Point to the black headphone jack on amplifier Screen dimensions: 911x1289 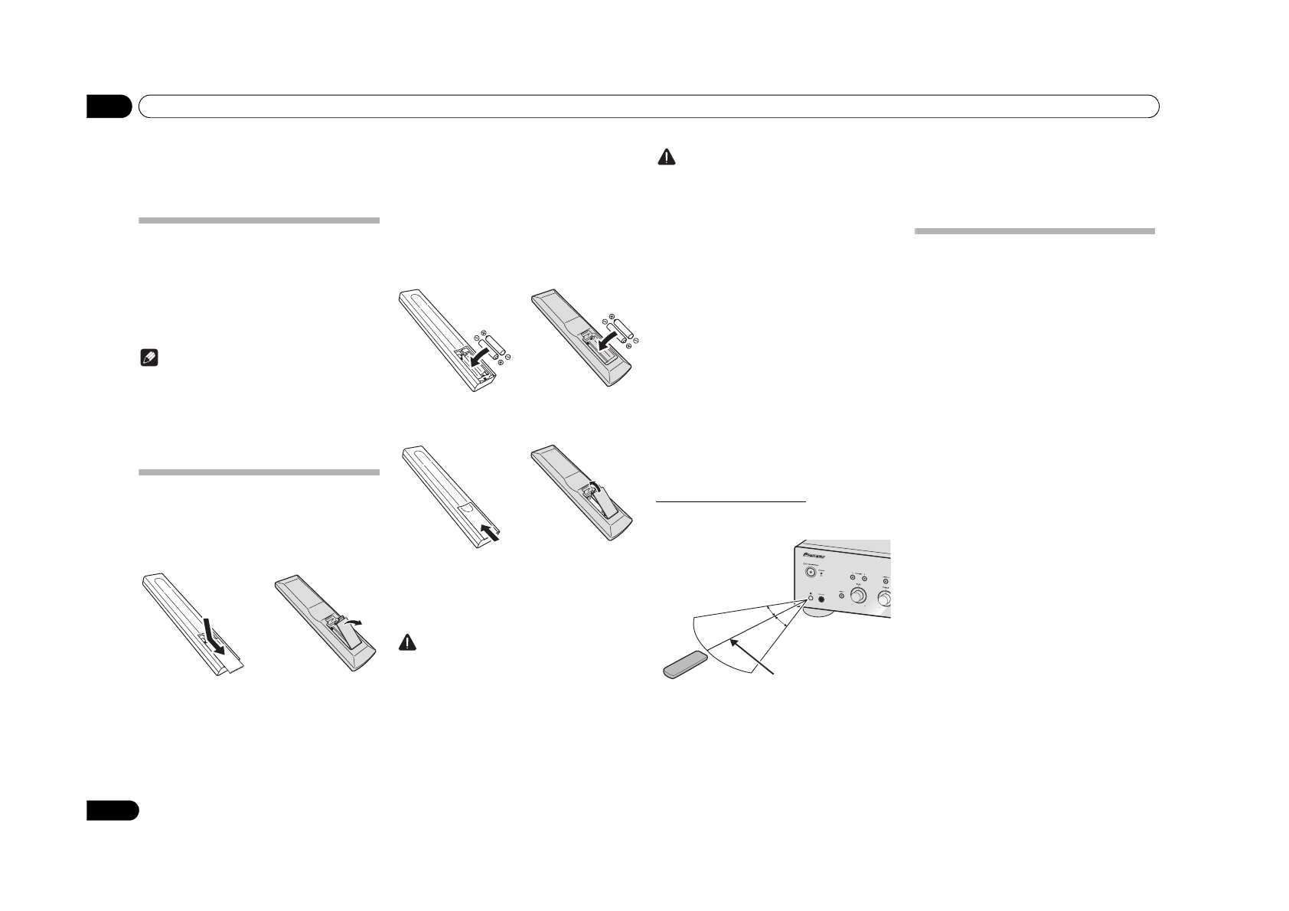(824, 601)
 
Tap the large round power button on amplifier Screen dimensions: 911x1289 (808, 570)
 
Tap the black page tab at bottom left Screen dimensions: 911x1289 (112, 810)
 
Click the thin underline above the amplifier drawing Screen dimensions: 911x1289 (733, 502)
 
